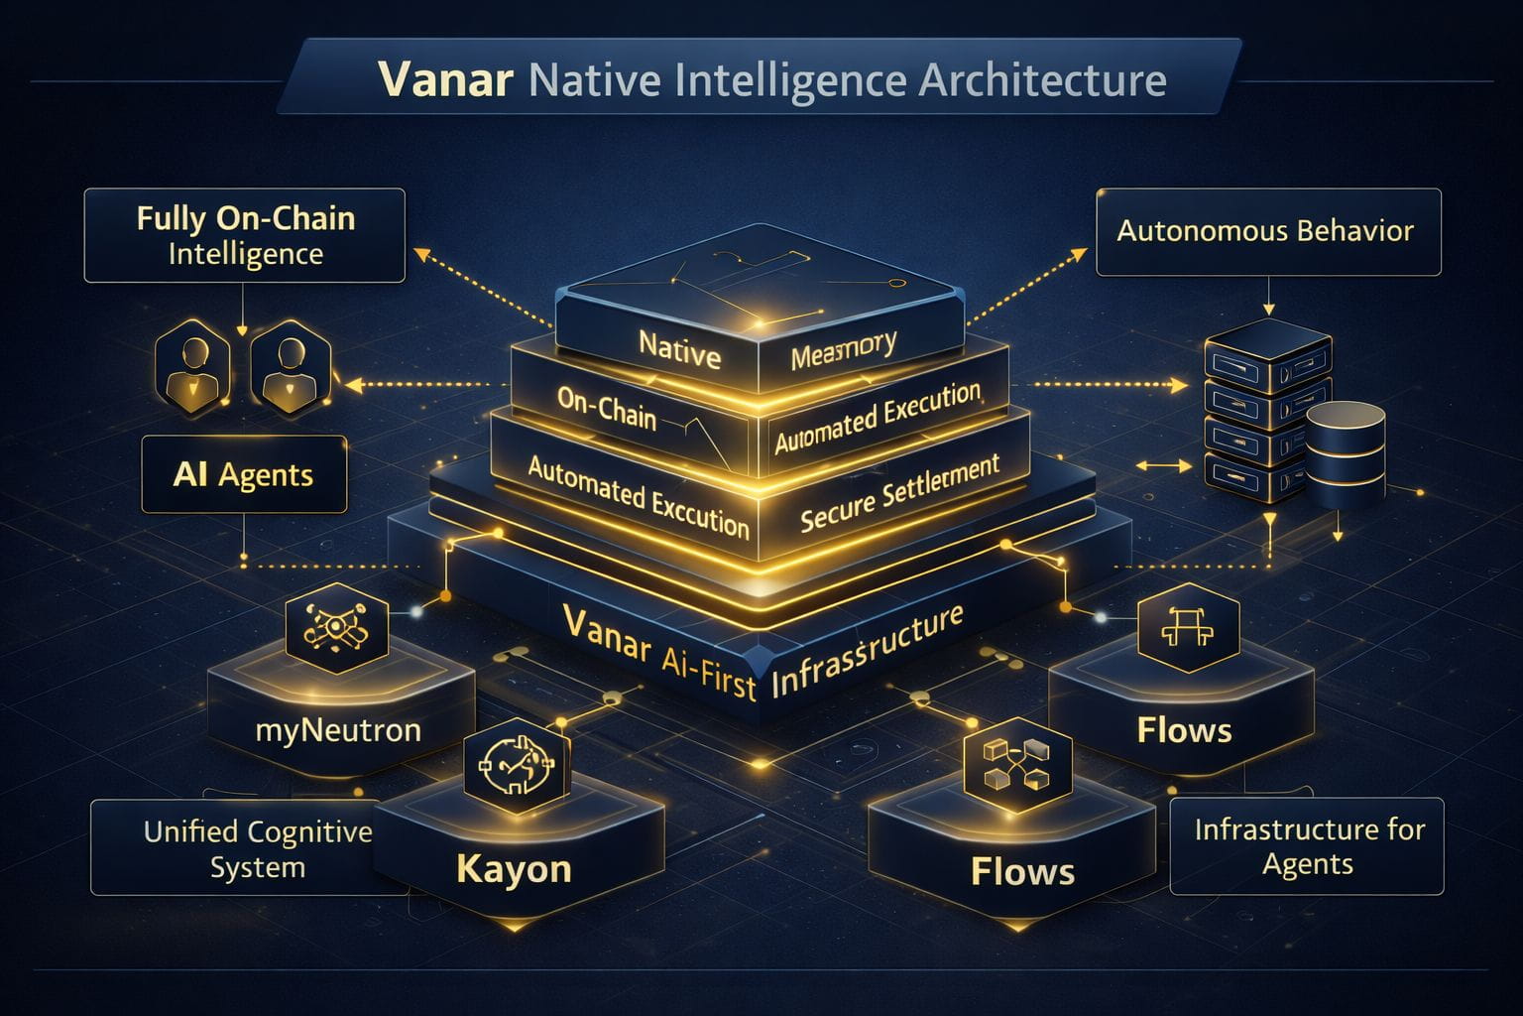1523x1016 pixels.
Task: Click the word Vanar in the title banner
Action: pyautogui.click(x=445, y=79)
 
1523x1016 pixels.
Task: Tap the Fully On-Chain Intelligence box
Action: pyautogui.click(x=245, y=235)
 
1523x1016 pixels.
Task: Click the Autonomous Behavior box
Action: pyautogui.click(x=1267, y=231)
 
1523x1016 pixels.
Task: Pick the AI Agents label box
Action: pyautogui.click(x=244, y=474)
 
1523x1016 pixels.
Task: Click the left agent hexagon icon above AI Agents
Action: pyautogui.click(x=193, y=365)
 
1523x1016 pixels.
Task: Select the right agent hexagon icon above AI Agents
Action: pyautogui.click(x=290, y=365)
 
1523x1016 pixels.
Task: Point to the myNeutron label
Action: pyautogui.click(x=338, y=730)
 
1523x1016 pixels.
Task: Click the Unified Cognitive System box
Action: pyautogui.click(x=256, y=848)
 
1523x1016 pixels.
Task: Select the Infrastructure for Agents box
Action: pyautogui.click(x=1308, y=846)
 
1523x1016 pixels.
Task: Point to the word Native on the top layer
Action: pyautogui.click(x=679, y=349)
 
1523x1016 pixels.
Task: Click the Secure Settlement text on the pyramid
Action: pyautogui.click(x=898, y=493)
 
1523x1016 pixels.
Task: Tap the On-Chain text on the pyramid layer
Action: pyautogui.click(x=607, y=407)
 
